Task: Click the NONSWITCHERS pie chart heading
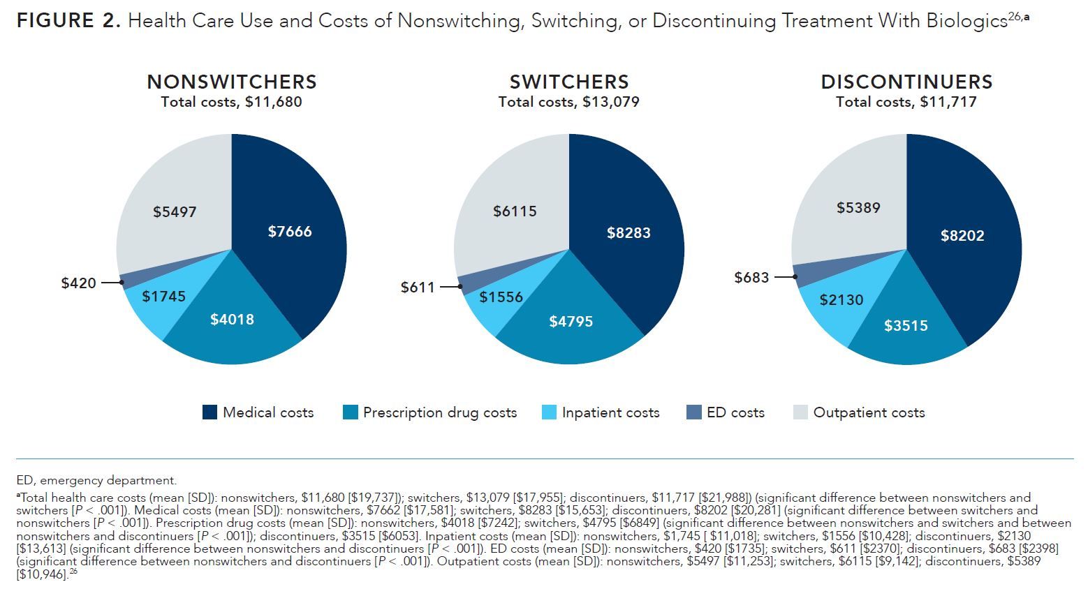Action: (x=231, y=82)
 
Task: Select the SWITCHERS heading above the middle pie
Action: (x=568, y=82)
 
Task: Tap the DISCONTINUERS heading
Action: (x=906, y=82)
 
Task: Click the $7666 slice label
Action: (x=290, y=232)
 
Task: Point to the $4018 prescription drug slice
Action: (x=232, y=320)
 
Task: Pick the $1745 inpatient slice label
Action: (x=163, y=297)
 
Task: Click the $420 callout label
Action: (x=78, y=283)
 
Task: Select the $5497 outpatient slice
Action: (x=175, y=211)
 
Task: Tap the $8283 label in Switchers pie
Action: (x=628, y=233)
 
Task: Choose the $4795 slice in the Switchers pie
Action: (x=571, y=322)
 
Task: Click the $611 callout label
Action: (x=418, y=288)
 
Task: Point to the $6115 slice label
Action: (x=515, y=211)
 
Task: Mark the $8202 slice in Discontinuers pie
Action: (x=962, y=236)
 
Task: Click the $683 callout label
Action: (x=751, y=278)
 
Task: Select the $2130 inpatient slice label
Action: (x=841, y=300)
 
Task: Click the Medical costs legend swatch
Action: (x=209, y=412)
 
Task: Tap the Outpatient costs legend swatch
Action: (x=800, y=412)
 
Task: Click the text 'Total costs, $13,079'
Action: (x=568, y=103)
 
